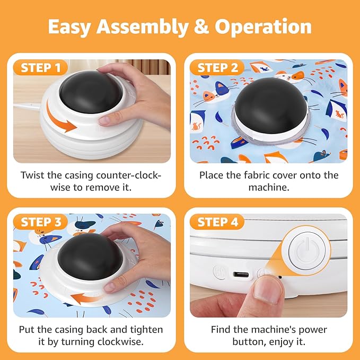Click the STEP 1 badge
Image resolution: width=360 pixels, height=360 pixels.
pyautogui.click(x=43, y=68)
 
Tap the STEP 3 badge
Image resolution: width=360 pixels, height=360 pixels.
pyautogui.click(x=43, y=222)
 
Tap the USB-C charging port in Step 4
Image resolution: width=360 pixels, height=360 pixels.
pyautogui.click(x=240, y=275)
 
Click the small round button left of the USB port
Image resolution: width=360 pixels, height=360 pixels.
pyautogui.click(x=219, y=272)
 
